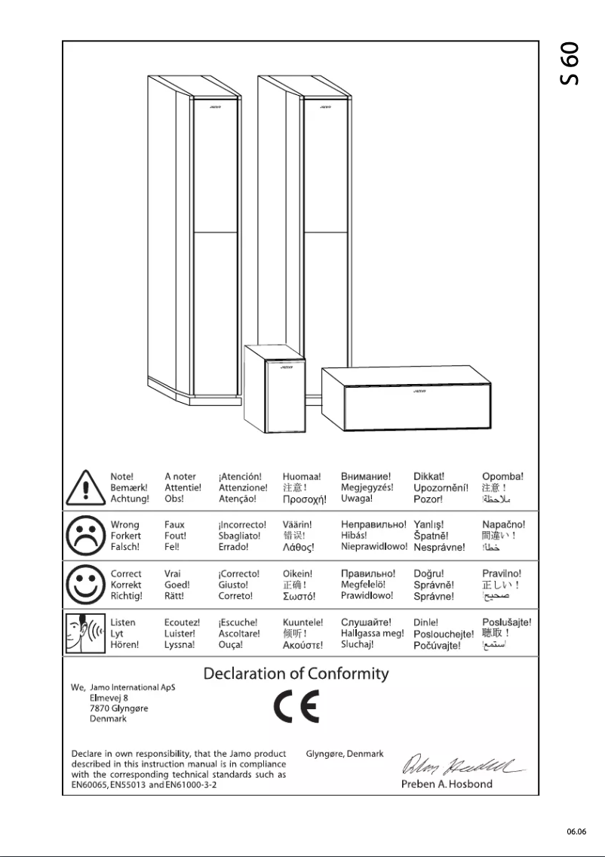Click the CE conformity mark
296,707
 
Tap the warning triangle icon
84,489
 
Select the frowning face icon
84,536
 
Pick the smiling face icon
84,585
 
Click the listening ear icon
84,634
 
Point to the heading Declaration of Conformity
296,674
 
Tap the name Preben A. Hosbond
447,784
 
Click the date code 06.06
576,831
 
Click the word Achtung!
130,499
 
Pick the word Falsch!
125,547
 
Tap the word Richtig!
127,596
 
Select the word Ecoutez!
183,622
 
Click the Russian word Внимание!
366,477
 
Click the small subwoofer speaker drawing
275,388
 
